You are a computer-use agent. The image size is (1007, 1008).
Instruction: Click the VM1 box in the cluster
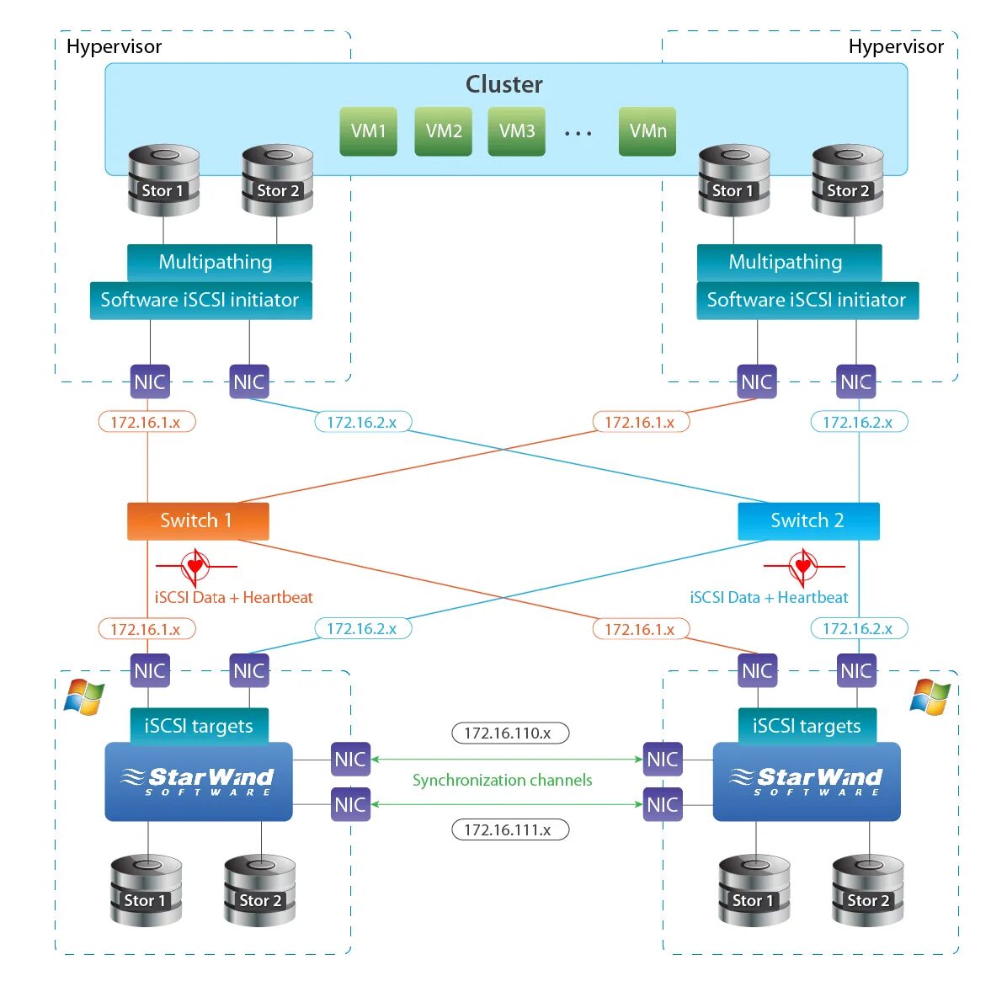368,131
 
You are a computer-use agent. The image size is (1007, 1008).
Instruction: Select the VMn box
647,131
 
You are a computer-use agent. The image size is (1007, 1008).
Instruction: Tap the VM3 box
516,131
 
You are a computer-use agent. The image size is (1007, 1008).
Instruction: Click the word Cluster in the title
504,84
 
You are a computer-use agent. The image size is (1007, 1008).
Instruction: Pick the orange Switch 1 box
198,520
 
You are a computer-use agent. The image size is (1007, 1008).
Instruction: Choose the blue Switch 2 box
808,520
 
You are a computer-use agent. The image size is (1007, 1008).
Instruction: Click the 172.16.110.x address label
509,733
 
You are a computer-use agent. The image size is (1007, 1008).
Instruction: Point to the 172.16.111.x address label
509,829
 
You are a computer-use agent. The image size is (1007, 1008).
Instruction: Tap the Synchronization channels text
502,780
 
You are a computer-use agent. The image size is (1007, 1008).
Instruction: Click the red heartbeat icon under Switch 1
195,566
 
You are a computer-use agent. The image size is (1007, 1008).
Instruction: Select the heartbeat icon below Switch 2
803,566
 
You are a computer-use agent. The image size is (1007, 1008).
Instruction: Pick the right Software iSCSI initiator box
807,300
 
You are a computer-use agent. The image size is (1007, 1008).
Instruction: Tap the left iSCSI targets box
199,726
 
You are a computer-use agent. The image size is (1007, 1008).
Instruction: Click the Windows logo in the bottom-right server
930,696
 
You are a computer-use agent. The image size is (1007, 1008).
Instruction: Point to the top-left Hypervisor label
114,46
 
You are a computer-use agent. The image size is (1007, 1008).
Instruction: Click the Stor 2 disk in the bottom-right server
867,891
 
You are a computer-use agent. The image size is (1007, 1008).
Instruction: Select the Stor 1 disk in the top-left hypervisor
163,181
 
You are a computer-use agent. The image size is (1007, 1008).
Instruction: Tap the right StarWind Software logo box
806,781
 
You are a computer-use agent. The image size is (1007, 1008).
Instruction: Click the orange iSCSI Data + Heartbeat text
233,597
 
